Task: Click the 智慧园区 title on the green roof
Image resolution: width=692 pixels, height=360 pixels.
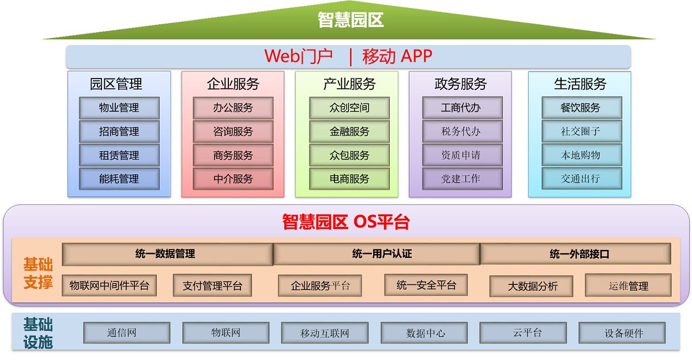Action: (x=351, y=20)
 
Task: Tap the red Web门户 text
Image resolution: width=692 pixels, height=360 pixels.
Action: (x=299, y=56)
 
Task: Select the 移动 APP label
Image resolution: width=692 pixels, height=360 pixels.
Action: (x=397, y=56)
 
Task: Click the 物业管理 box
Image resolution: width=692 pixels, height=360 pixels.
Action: (x=119, y=108)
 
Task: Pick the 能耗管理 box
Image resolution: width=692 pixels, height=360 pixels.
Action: (x=119, y=179)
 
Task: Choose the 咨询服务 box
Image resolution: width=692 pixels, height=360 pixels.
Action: (x=233, y=132)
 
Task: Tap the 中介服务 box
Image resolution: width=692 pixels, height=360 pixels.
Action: (x=233, y=179)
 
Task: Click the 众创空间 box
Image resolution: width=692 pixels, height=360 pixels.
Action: (x=349, y=108)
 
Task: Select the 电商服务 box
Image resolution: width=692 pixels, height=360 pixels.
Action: (x=349, y=179)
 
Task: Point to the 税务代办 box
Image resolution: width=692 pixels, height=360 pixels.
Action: (x=462, y=132)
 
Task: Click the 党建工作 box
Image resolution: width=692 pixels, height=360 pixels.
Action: (x=462, y=179)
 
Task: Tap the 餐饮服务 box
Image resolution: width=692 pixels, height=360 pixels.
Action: (x=582, y=108)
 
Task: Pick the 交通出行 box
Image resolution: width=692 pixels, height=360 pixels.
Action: (x=582, y=179)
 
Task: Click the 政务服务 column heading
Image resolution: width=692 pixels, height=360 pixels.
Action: (x=461, y=84)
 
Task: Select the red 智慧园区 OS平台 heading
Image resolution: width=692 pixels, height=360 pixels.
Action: (x=346, y=222)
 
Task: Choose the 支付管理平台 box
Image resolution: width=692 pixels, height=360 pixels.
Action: (x=213, y=286)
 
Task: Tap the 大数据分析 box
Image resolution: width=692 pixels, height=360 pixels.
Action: (x=531, y=286)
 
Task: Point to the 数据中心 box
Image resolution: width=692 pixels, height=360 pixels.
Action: (x=424, y=333)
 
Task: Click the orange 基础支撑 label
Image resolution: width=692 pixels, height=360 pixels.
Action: (x=38, y=273)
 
